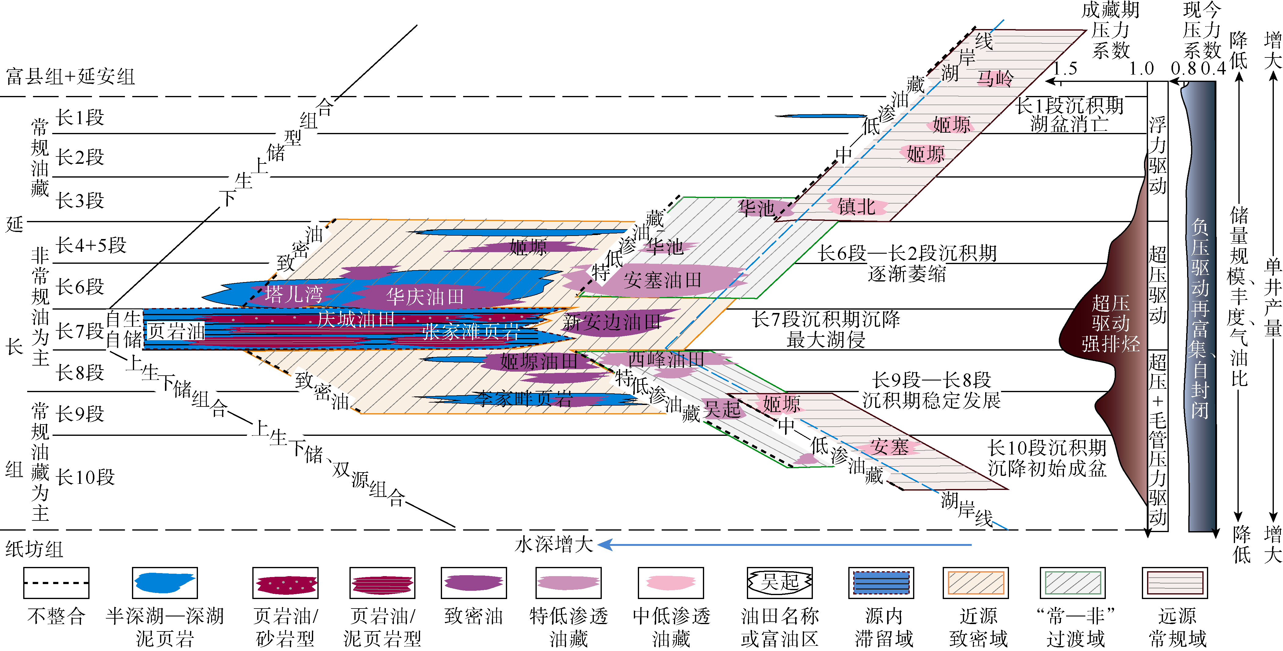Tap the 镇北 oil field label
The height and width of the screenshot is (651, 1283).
coord(857,206)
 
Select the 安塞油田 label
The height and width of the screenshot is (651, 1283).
coord(662,280)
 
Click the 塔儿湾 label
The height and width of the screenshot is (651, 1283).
coord(294,294)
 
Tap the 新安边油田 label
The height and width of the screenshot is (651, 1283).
coord(612,322)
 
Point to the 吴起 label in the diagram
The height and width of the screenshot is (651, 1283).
coord(722,410)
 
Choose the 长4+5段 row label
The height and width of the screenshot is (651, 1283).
coord(91,245)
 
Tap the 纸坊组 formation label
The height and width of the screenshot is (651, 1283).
coord(34,549)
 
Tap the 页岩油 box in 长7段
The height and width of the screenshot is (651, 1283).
coord(176,330)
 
